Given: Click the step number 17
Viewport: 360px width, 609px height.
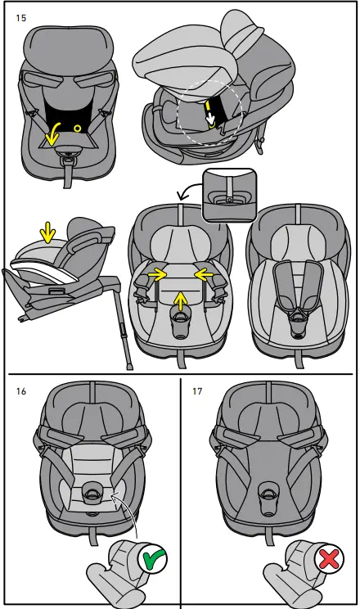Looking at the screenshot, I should pyautogui.click(x=196, y=391).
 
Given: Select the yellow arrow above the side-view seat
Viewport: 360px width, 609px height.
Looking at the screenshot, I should pyautogui.click(x=48, y=233).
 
